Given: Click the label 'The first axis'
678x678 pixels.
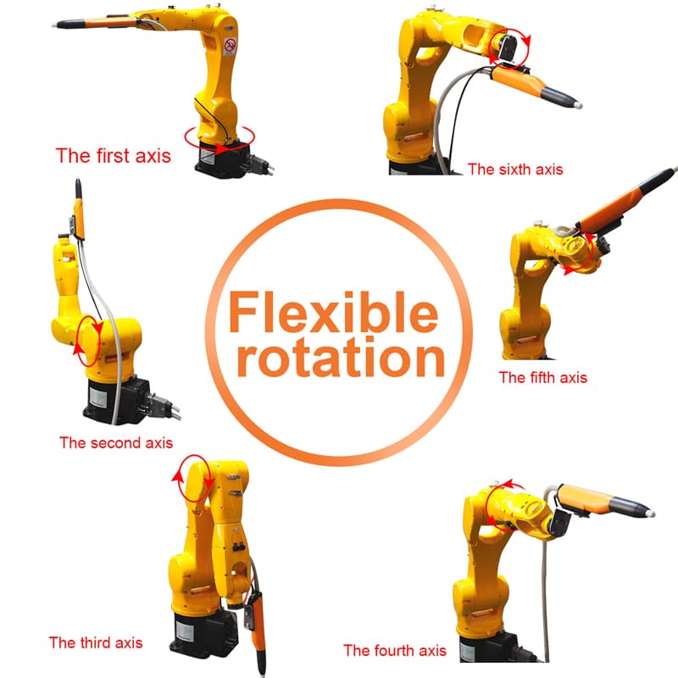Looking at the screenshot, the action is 114,156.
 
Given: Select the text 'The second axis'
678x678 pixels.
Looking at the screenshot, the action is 116,442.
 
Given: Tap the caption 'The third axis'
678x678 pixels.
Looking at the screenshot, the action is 96,642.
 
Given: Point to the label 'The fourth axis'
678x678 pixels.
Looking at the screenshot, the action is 394,650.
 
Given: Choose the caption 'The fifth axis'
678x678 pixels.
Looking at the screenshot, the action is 543,377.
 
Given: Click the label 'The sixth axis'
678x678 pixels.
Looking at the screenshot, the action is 515,169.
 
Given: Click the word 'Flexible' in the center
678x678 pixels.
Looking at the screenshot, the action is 333,311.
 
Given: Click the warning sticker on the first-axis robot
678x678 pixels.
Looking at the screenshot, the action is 230,47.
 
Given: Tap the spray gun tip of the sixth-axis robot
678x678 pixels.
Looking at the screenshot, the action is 578,105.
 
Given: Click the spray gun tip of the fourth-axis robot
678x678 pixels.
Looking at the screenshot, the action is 650,514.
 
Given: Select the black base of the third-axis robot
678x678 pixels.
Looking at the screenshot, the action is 204,632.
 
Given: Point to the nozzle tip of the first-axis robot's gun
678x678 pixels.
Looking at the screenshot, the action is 54,25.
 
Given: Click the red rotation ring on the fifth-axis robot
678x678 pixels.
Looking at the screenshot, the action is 591,251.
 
